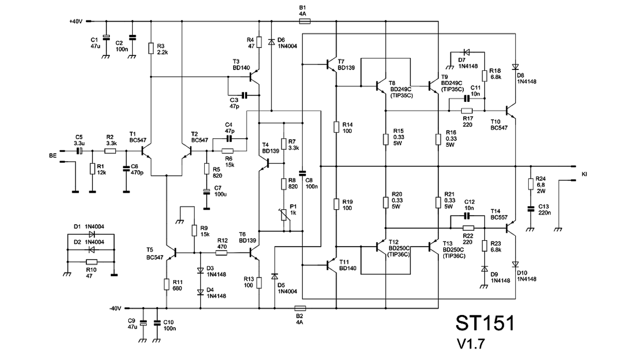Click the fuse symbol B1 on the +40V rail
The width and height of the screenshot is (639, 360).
click(305, 21)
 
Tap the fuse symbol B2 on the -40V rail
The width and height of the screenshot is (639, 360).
click(300, 308)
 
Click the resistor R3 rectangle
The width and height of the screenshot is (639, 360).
click(151, 48)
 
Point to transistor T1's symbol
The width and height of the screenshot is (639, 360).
click(145, 151)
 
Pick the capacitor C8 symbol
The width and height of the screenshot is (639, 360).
click(303, 173)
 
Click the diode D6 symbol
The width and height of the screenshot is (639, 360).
click(271, 42)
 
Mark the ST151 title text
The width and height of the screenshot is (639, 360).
click(485, 323)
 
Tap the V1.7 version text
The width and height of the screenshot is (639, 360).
click(471, 344)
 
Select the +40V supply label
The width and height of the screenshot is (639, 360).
click(75, 21)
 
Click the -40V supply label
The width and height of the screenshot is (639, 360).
click(115, 309)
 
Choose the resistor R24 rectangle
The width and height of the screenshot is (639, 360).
click(531, 184)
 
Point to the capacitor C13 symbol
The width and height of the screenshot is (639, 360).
click(531, 209)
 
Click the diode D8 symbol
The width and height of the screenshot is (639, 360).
click(515, 67)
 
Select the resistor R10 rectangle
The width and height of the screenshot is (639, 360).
click(91, 262)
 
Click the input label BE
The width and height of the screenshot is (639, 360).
click(53, 156)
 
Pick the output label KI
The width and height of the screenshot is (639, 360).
click(584, 174)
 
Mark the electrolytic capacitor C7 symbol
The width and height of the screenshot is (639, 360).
click(207, 192)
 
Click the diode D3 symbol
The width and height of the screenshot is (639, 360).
click(200, 270)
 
